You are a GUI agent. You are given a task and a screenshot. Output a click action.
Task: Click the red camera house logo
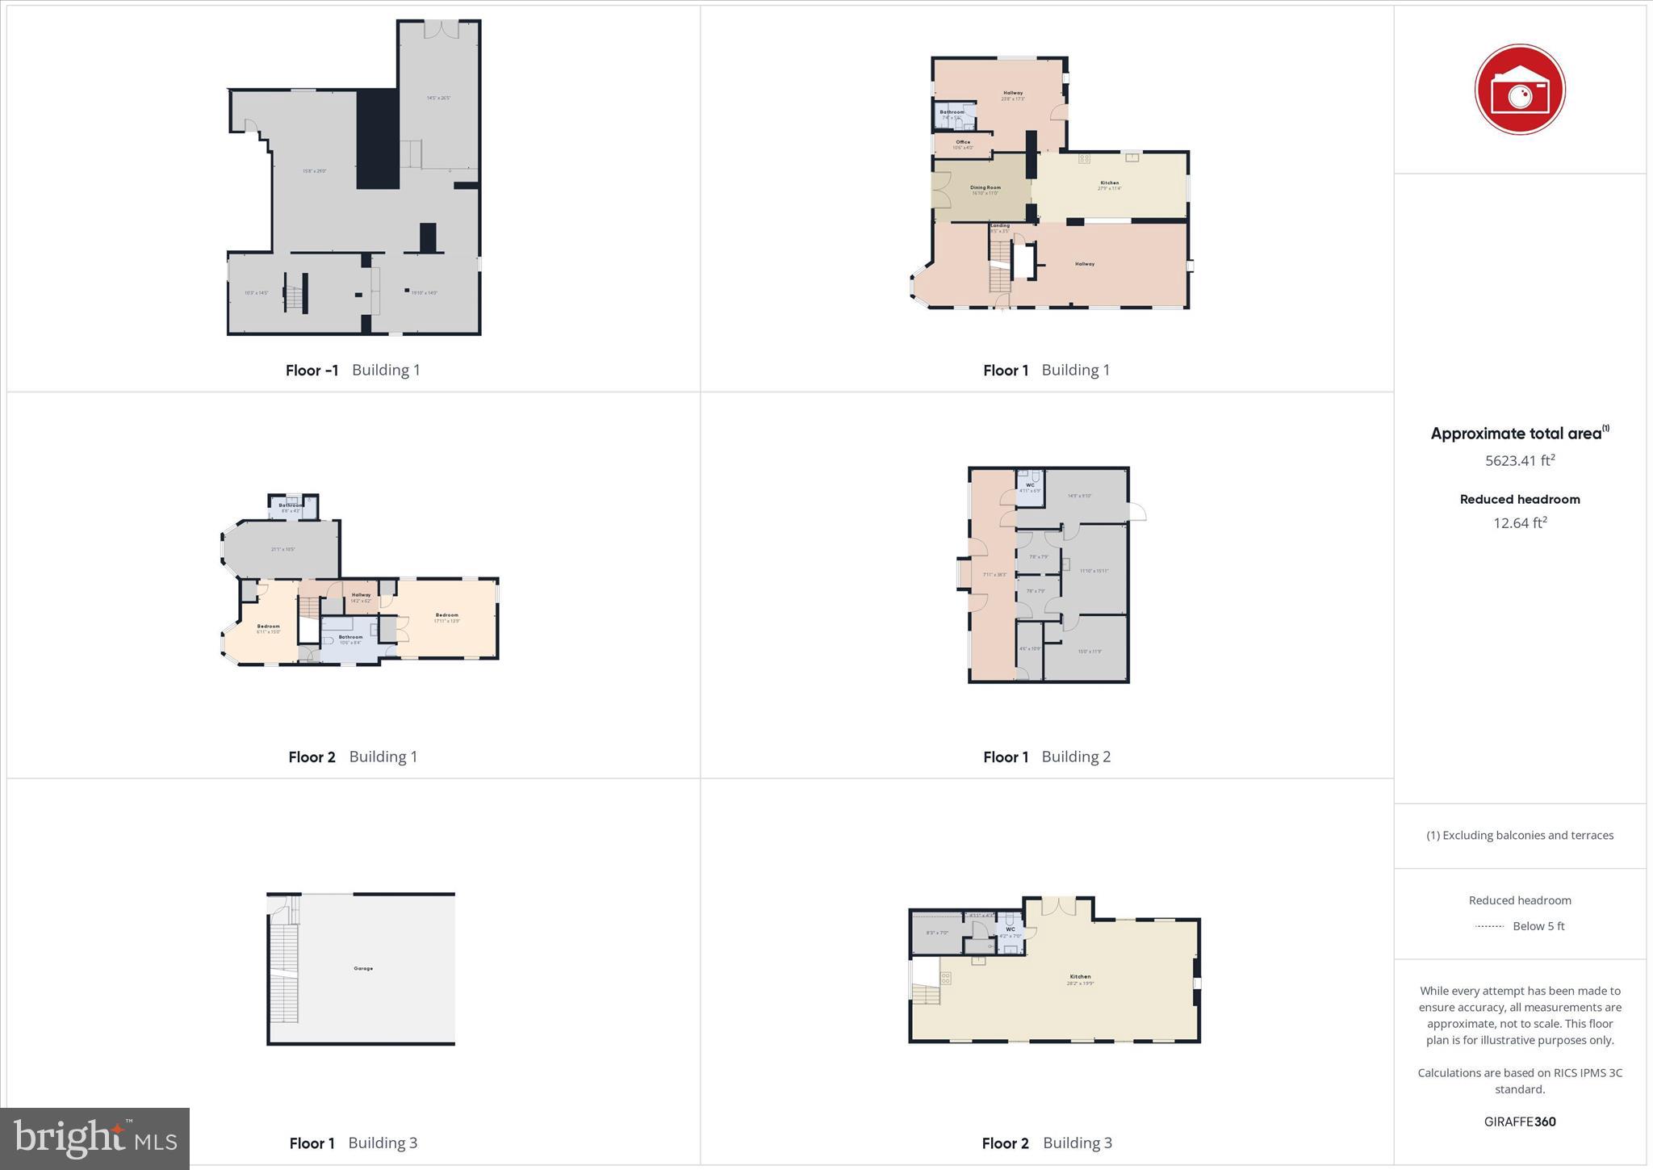tap(1519, 89)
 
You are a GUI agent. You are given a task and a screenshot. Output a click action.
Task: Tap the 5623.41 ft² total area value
tap(1519, 460)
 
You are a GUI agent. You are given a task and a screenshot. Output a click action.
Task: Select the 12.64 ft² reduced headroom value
tap(1519, 522)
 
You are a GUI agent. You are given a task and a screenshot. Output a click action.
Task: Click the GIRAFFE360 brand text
tap(1519, 1121)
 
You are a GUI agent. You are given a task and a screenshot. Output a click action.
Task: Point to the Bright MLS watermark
tap(95, 1139)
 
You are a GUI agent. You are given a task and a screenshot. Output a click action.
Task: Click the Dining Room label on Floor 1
tap(985, 187)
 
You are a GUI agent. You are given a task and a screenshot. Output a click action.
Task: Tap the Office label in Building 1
tap(963, 142)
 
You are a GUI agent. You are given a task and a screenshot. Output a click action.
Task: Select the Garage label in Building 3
tap(363, 968)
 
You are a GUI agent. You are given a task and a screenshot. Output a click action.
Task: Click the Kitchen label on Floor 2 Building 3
tap(1080, 976)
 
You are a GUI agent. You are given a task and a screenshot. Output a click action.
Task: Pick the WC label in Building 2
tap(1030, 484)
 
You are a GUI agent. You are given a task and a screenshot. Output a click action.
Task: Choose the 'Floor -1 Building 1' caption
tap(353, 370)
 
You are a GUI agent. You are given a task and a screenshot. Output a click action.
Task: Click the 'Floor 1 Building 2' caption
tap(1046, 757)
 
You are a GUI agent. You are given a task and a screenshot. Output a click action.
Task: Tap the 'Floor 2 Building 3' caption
tap(1046, 1143)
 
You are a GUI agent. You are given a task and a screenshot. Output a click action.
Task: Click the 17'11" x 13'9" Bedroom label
tap(446, 615)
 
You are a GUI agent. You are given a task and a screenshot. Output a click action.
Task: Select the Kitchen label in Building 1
tap(1109, 182)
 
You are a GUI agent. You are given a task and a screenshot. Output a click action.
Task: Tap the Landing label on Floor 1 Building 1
tap(1000, 225)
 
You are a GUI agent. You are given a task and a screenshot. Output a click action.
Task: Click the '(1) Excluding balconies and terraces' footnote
tap(1519, 835)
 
